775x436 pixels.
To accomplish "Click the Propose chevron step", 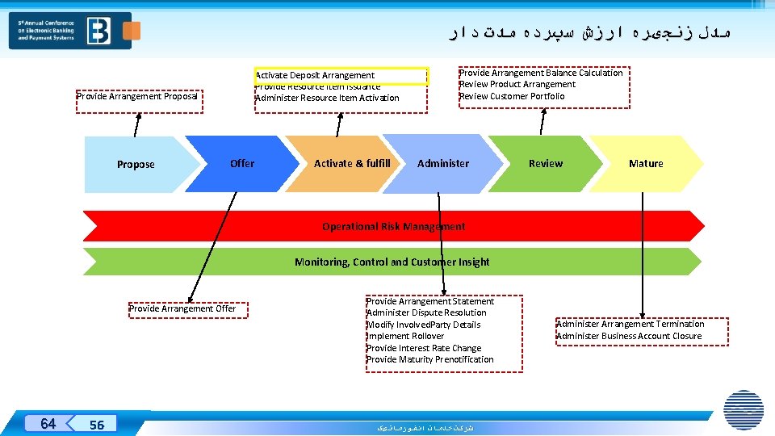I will tap(136, 164).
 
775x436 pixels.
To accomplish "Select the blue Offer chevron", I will tap(241, 163).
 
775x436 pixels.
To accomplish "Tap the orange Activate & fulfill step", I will tap(352, 163).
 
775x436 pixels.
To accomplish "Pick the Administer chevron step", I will tap(442, 163).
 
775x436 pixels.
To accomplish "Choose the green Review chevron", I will tap(546, 163).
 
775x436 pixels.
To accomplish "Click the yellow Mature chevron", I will tap(646, 163).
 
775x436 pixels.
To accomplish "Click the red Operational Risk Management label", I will tap(393, 226).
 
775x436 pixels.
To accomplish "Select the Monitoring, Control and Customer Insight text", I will tap(392, 262).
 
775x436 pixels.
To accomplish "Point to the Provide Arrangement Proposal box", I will tap(137, 97).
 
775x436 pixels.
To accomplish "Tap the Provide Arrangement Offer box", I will tap(182, 308).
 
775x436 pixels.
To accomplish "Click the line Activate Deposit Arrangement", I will tap(315, 75).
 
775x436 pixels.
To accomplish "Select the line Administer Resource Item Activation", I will tap(327, 98).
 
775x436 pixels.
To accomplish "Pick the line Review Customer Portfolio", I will tap(512, 96).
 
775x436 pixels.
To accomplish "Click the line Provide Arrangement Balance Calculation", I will tap(541, 73).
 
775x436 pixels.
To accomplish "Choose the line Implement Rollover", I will tap(405, 336).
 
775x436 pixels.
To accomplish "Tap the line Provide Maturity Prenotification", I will tap(430, 359).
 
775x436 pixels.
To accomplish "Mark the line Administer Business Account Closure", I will tap(629, 336).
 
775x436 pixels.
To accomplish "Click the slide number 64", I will tap(48, 424).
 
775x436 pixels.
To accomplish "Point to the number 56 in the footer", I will tap(97, 425).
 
